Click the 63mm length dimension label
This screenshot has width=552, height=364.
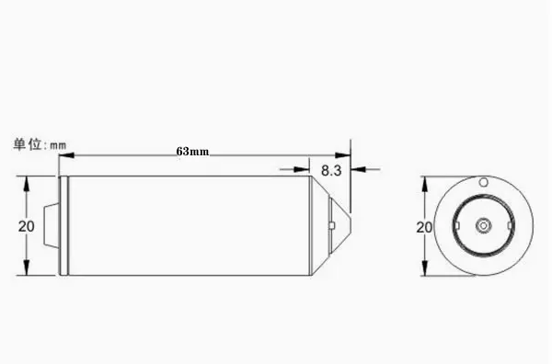[192, 152]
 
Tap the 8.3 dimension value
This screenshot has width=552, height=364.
[331, 171]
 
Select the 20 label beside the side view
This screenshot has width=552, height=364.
[27, 226]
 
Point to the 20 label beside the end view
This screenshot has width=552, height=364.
[424, 228]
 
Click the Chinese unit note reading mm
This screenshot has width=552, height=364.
[40, 144]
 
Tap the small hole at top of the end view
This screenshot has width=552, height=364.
[484, 182]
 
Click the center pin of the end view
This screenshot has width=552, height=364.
[483, 225]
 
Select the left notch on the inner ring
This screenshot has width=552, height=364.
[457, 225]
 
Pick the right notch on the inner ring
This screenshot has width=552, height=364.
[510, 225]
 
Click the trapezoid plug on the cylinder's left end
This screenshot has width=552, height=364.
[51, 225]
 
